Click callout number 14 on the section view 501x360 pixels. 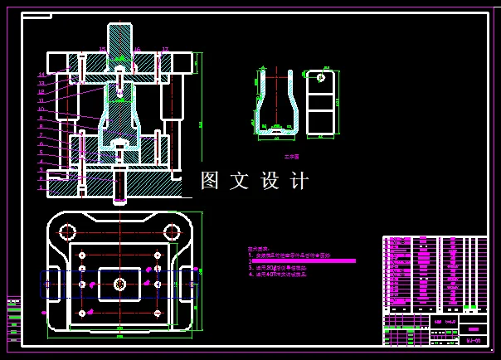[41, 75]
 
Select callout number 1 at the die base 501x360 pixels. [41, 187]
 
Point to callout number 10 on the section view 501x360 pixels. [41, 109]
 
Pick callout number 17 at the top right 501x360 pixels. [165, 50]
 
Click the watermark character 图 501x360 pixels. [210, 181]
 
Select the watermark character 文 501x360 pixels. [239, 181]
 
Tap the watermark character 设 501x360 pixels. [270, 181]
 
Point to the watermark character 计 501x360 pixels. [299, 181]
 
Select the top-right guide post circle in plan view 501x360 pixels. [172, 232]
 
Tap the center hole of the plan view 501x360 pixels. [119, 285]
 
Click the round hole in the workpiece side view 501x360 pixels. [320, 78]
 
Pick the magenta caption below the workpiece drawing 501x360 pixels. [291, 155]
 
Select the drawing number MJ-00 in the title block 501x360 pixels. [474, 340]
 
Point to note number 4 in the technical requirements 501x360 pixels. [250, 273]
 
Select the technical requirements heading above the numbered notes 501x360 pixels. [258, 248]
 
